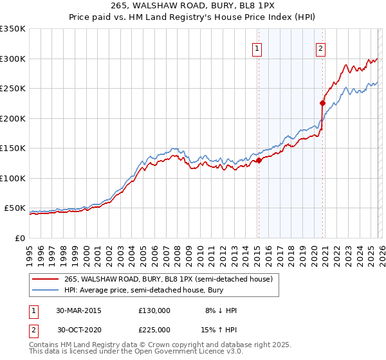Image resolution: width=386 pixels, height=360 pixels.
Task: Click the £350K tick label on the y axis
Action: pyautogui.click(x=12, y=29)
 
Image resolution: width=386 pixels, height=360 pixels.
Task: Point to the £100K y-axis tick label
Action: pyautogui.click(x=12, y=178)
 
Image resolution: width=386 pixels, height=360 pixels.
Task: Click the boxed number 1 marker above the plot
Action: pyautogui.click(x=257, y=47)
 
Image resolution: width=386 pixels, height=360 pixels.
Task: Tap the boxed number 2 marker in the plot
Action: pyautogui.click(x=320, y=47)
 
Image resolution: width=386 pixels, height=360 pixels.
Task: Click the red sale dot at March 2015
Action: pyautogui.click(x=259, y=161)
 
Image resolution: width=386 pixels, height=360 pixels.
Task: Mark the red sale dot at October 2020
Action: pyautogui.click(x=322, y=103)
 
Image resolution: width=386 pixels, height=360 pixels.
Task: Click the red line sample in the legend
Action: pyautogui.click(x=46, y=279)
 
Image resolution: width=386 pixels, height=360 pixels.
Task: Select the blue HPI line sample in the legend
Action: pyautogui.click(x=46, y=291)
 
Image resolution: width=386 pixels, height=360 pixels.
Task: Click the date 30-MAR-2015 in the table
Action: pyautogui.click(x=78, y=310)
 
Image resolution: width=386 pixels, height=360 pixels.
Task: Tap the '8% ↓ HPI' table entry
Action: pyautogui.click(x=220, y=310)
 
